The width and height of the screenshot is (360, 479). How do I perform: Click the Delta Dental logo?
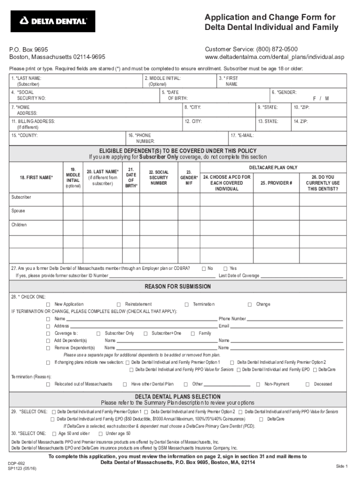pyautogui.click(x=53, y=21)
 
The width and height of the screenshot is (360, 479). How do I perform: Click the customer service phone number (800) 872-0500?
pyautogui.click(x=277, y=49)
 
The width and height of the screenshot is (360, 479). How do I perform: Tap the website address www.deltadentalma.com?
pyautogui.click(x=274, y=57)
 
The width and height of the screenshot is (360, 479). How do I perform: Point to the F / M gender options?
pyautogui.click(x=321, y=99)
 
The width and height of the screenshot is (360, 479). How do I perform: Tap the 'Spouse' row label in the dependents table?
pyautogui.click(x=19, y=211)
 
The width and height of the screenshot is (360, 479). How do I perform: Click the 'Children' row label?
pyautogui.click(x=19, y=225)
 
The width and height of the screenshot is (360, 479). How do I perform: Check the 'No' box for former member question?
pyautogui.click(x=203, y=269)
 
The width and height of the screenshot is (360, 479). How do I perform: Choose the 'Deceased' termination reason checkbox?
pyautogui.click(x=308, y=384)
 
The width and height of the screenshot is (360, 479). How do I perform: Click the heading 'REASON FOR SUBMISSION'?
pyautogui.click(x=178, y=287)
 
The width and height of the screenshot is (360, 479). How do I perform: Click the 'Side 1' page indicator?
pyautogui.click(x=342, y=466)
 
